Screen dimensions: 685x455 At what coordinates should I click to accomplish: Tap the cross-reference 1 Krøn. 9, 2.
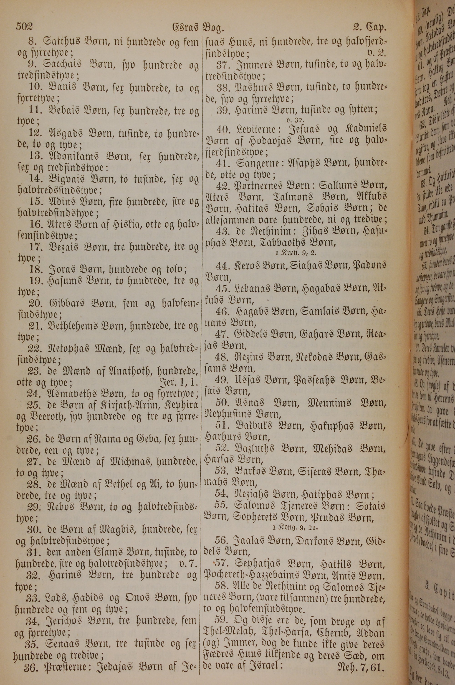pos(295,252)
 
